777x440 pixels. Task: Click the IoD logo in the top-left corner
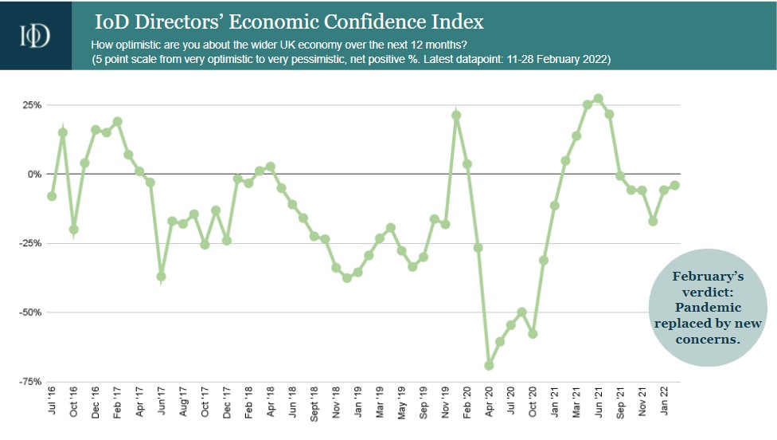click(x=36, y=35)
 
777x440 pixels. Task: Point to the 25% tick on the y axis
click(x=31, y=105)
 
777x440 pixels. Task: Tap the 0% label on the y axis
click(x=33, y=174)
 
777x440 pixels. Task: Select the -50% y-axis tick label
click(x=29, y=312)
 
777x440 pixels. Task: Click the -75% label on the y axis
click(x=29, y=382)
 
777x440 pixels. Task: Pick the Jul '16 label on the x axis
click(x=53, y=403)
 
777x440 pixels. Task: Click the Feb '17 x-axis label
click(x=118, y=403)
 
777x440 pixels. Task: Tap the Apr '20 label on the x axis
click(x=489, y=403)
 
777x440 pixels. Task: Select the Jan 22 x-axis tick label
click(x=664, y=405)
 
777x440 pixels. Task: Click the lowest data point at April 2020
click(x=489, y=366)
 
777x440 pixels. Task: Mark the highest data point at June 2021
click(x=598, y=99)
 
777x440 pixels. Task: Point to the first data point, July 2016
click(x=53, y=196)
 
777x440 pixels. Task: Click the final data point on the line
click(x=675, y=185)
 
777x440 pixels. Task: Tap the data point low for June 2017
click(x=162, y=277)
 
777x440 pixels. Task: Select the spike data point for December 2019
click(x=456, y=116)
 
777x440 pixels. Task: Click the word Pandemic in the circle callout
click(x=708, y=307)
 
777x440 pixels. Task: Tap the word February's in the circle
click(x=708, y=276)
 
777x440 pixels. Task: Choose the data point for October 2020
click(x=533, y=334)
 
